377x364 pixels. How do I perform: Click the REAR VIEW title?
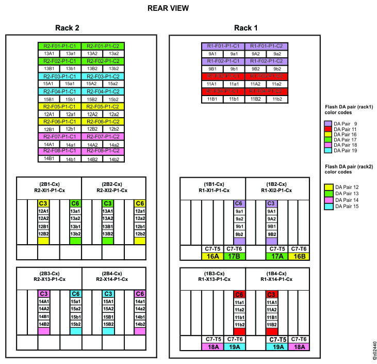[168, 8]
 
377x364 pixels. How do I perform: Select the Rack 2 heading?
[67, 28]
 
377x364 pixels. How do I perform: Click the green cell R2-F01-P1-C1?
[59, 46]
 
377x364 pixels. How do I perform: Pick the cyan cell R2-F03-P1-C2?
[103, 75]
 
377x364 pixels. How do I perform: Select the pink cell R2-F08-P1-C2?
[103, 151]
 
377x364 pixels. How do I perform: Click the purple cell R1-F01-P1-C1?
[222, 46]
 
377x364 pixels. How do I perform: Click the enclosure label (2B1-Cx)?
[49, 184]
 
